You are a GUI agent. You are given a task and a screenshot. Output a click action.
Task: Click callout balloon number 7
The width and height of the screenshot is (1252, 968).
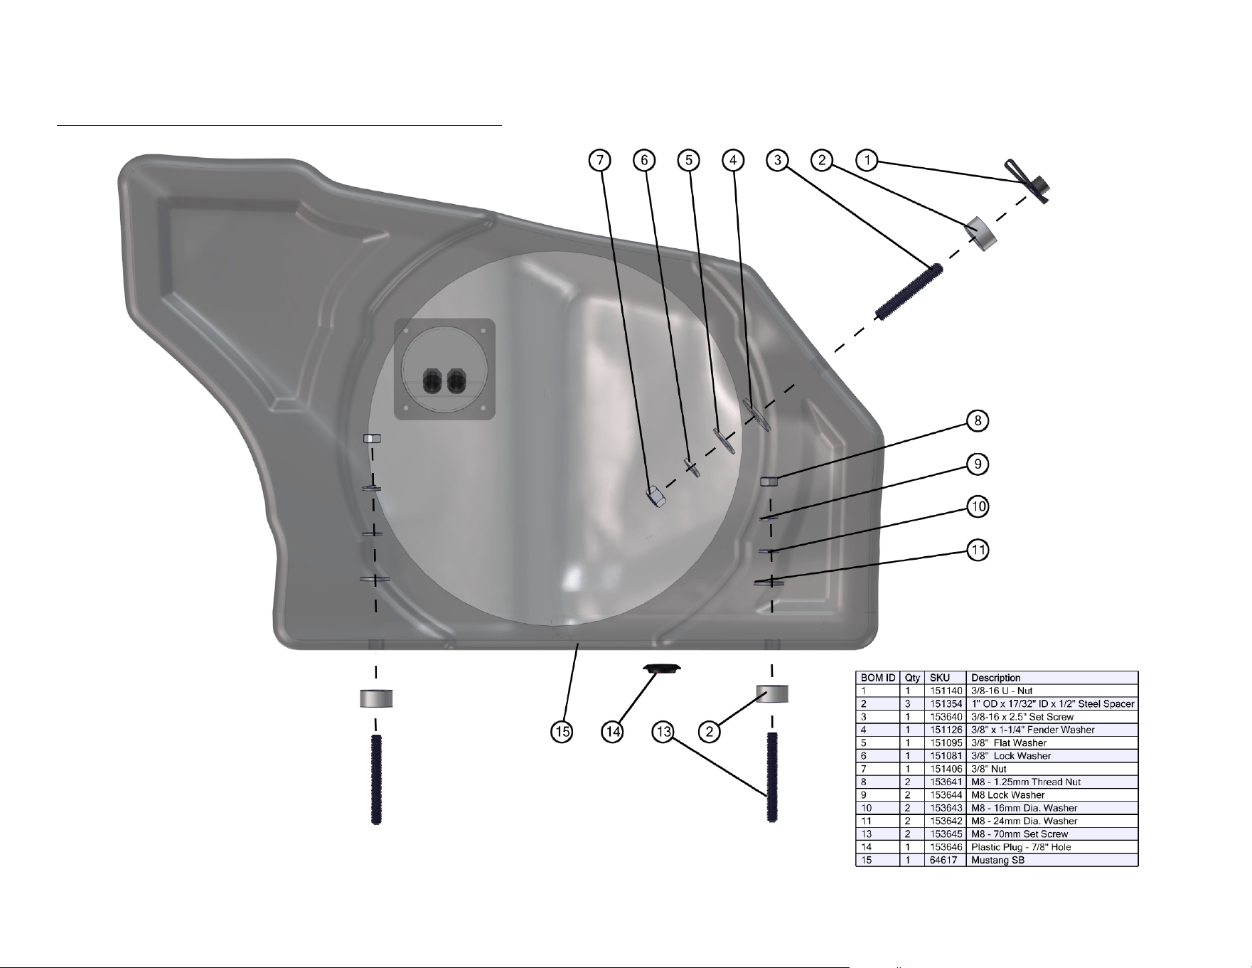[x=600, y=161]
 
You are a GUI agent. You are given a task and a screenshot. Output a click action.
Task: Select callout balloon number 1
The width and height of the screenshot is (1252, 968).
[x=867, y=160]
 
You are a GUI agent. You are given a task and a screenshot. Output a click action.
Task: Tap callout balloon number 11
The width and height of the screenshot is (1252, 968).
[x=978, y=550]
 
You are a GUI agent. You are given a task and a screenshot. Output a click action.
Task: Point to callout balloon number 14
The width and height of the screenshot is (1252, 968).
[x=612, y=732]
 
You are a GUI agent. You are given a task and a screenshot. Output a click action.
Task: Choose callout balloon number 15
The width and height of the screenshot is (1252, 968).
[x=562, y=732]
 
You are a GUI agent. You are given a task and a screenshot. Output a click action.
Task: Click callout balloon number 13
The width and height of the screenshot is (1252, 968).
[x=663, y=732]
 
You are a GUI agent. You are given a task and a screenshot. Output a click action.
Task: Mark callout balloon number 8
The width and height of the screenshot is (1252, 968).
[x=978, y=421]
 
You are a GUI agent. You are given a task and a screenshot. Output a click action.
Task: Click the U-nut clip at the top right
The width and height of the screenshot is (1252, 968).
[x=1029, y=181]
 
